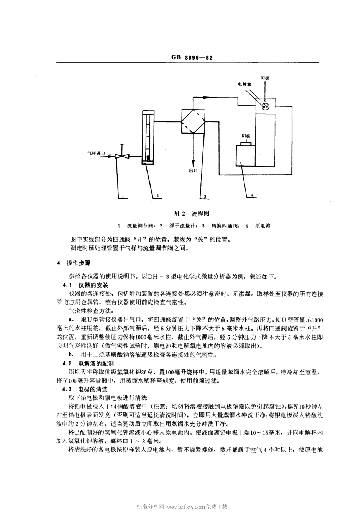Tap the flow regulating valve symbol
coord(121,156)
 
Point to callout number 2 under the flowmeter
coord(157,195)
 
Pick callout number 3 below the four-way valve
coord(205,196)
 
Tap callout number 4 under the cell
coord(251,195)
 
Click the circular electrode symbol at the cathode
coord(264,107)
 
